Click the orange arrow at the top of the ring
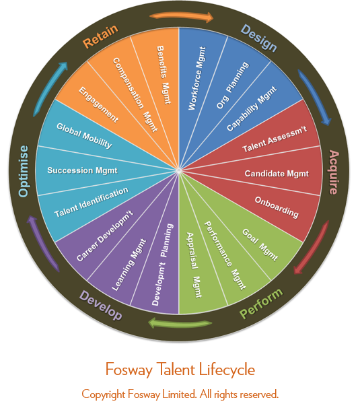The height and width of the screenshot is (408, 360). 182,16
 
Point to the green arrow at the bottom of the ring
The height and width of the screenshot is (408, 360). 180,322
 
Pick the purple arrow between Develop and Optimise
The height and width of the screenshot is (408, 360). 42,243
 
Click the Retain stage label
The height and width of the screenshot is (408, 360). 100,36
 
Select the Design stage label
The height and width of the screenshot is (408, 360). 259,38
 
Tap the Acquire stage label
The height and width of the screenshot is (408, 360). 334,172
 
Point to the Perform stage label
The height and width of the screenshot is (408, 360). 261,304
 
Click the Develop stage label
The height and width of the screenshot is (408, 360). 101,305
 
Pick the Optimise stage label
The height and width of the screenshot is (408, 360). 24,171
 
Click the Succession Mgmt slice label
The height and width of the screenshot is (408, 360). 83,170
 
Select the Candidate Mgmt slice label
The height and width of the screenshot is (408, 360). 277,174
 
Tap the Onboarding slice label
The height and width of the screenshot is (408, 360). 277,207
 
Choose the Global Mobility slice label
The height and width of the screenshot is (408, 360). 84,136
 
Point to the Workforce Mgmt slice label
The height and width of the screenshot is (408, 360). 197,78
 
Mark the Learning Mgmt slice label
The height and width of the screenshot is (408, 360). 129,265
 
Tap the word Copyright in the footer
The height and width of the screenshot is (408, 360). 104,395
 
